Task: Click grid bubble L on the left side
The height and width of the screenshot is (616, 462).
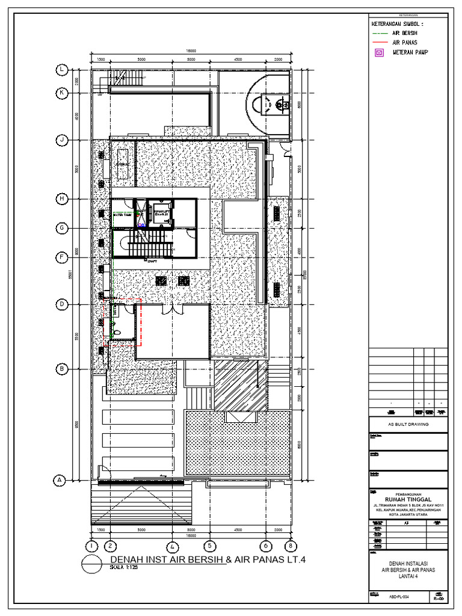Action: [62, 70]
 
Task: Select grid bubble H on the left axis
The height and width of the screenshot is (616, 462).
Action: [62, 199]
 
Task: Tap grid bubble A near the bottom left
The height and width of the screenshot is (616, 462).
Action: [60, 481]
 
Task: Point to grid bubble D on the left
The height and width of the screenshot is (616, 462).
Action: [62, 305]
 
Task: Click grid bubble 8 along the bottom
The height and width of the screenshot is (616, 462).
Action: [291, 546]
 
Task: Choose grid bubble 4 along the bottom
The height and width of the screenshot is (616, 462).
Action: [173, 546]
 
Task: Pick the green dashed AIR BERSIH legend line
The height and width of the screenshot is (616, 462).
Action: [380, 33]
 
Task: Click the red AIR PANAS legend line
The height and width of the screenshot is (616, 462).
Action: [380, 43]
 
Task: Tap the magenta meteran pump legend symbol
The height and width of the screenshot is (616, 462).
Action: [379, 53]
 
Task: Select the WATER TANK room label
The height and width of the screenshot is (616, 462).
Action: [122, 214]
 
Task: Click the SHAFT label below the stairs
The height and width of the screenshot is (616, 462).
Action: [152, 262]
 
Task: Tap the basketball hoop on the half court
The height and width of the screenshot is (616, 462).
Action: [279, 106]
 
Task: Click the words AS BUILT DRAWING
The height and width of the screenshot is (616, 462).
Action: [408, 424]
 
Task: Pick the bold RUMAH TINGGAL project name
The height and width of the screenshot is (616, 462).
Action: [408, 497]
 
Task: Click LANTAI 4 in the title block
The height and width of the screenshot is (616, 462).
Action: [408, 576]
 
